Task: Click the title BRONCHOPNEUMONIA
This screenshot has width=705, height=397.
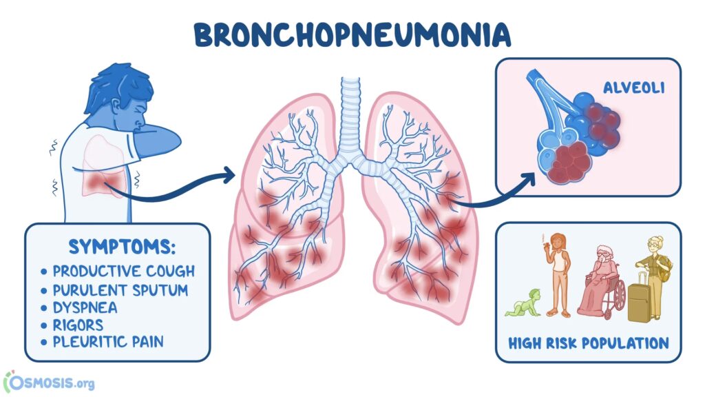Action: [353, 35]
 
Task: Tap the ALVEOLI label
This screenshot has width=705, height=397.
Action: [633, 88]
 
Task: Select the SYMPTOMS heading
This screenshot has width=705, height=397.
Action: [122, 247]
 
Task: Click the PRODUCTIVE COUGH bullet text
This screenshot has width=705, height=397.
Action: [124, 271]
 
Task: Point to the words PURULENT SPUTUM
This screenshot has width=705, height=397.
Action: [120, 290]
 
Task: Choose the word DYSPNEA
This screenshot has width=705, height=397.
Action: [85, 308]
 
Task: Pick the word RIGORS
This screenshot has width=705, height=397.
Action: [78, 325]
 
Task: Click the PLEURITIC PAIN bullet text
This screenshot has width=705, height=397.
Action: [108, 342]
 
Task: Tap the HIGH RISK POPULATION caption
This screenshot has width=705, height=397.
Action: [589, 343]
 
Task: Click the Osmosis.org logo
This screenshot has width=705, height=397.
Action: [49, 383]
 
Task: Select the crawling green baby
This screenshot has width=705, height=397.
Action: [523, 303]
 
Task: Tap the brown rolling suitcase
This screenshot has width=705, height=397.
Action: [639, 298]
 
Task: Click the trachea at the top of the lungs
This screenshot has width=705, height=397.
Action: [350, 118]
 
